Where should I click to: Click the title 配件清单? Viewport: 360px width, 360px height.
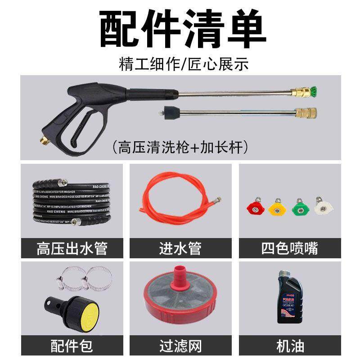(x=180, y=28)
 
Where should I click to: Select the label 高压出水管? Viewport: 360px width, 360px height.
(x=72, y=248)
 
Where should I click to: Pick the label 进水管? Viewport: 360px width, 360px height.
(x=180, y=248)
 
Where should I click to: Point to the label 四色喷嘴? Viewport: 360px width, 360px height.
(x=288, y=248)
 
